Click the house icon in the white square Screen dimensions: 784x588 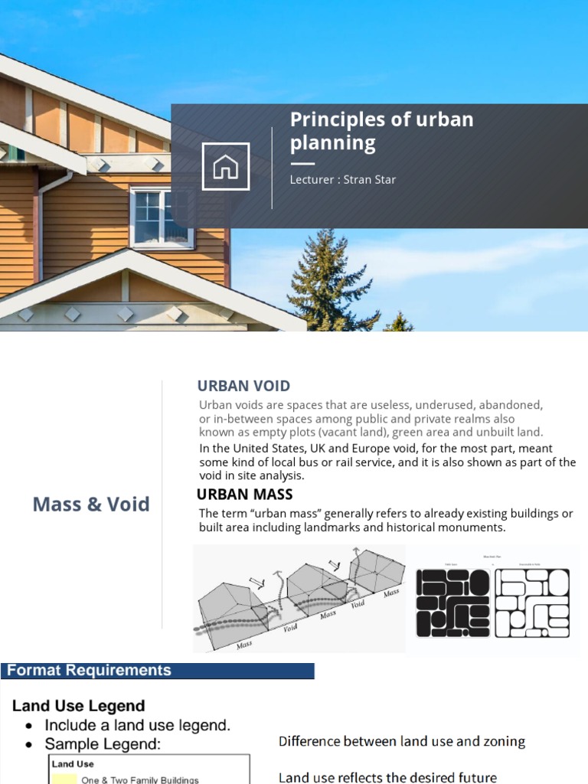225,166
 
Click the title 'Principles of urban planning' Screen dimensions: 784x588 381,131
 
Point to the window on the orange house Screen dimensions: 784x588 162,217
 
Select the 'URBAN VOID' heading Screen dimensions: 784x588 243,386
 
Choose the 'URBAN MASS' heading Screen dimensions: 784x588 245,495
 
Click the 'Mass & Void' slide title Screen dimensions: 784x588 91,505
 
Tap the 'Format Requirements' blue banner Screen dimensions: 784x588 157,671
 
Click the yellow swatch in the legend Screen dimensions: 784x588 64,779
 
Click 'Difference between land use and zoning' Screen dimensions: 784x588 401,741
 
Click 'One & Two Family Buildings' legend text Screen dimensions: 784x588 139,779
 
